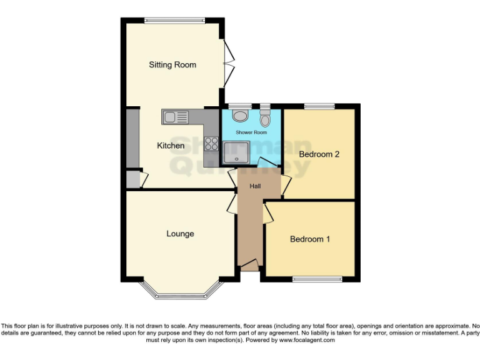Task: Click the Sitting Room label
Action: click(172, 64)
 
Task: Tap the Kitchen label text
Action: click(171, 146)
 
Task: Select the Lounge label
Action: click(180, 234)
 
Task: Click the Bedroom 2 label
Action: click(319, 154)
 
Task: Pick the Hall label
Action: click(256, 186)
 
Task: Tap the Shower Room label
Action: click(251, 132)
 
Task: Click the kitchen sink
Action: click(176, 116)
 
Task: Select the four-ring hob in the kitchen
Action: click(211, 144)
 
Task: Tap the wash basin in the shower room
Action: click(239, 116)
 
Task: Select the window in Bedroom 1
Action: click(317, 279)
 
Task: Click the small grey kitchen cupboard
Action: click(133, 179)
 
